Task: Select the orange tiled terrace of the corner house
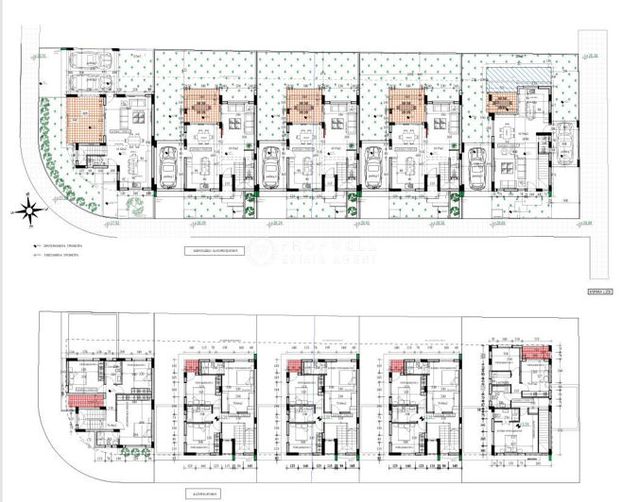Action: [x=80, y=119]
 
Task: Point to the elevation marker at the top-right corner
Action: [x=593, y=55]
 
